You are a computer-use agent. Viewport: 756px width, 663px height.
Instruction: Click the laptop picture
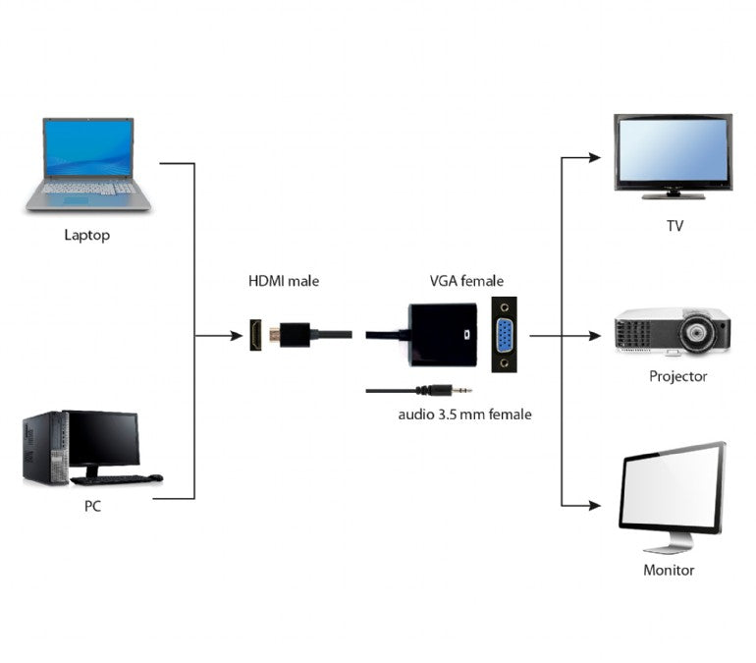(88, 164)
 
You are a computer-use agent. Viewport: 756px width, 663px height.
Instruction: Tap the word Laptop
(86, 235)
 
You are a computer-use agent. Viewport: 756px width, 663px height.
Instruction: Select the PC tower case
(45, 448)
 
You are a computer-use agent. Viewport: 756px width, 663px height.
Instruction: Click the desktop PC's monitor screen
(103, 438)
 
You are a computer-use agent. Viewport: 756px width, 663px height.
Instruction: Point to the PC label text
(92, 507)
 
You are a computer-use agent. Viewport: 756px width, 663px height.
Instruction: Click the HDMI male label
(283, 281)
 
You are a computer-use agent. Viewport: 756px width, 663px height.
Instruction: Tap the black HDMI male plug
(294, 335)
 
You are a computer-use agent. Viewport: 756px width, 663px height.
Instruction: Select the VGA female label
(466, 281)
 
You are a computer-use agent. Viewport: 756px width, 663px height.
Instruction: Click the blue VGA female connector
(505, 337)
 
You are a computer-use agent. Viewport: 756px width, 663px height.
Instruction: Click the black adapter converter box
(443, 334)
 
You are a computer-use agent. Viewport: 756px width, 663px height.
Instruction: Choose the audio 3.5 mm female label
(464, 414)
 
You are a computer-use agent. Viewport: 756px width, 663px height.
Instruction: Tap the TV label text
(675, 226)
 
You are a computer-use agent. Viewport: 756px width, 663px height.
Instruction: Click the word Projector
(677, 376)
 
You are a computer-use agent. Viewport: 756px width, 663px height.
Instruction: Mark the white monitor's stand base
(669, 546)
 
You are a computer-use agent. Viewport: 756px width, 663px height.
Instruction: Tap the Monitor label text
(669, 570)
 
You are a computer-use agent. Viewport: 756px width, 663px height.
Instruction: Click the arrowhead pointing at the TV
(593, 157)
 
